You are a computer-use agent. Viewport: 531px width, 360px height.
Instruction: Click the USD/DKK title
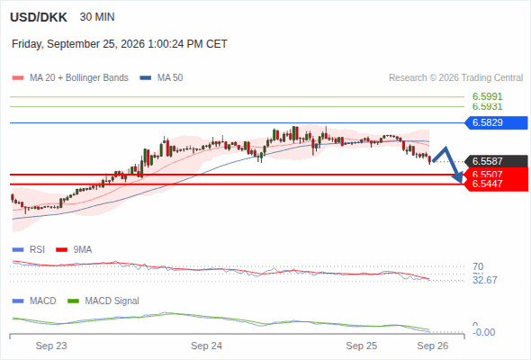coord(39,17)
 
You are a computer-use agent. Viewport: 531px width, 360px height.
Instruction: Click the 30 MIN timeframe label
coord(97,17)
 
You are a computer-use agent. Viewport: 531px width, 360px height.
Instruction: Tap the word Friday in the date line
coord(27,44)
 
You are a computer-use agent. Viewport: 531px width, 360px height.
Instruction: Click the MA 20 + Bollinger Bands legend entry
coord(70,78)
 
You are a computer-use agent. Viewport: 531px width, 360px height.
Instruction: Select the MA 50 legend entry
coord(161,78)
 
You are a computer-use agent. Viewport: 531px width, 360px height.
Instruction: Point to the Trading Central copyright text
coord(455,78)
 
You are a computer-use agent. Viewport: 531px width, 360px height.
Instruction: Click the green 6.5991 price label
coord(487,96)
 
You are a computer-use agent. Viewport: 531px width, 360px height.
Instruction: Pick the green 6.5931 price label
coord(487,106)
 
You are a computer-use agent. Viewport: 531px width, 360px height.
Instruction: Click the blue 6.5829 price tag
coord(496,122)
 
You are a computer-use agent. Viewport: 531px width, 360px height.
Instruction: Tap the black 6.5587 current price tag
coord(496,161)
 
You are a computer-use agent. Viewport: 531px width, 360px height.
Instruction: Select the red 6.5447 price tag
coord(496,184)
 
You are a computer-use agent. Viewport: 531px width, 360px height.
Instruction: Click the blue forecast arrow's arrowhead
coord(458,178)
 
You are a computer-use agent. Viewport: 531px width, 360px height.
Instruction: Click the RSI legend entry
coord(29,249)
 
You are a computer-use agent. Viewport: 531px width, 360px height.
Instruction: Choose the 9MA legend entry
coord(74,249)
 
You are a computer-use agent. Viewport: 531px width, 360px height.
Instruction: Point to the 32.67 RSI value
coord(485,280)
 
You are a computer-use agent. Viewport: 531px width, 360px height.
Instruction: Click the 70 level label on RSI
coord(478,266)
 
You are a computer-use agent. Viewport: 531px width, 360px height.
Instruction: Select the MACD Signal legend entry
coord(103,301)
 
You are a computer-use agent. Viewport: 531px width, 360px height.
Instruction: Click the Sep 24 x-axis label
coord(206,346)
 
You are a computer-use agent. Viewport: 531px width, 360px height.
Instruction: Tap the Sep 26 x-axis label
coord(433,346)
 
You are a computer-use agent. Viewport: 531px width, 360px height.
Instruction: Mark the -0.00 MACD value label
coord(484,332)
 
